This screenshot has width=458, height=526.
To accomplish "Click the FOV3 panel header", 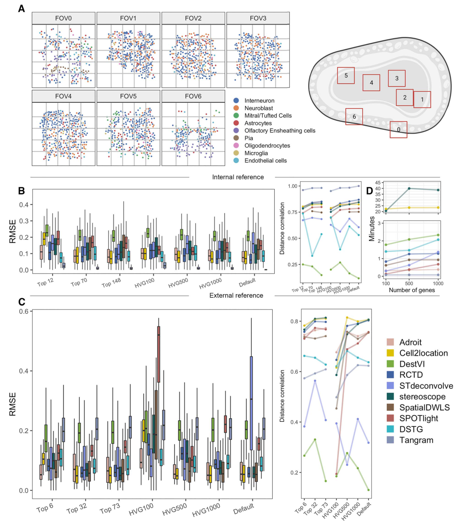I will (258, 18).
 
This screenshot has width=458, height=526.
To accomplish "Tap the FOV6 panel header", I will (193, 96).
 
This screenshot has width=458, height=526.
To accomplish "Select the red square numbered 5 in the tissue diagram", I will (346, 76).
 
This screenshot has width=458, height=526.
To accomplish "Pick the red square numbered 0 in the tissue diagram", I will (399, 129).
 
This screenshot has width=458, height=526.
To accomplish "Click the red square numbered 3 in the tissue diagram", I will (397, 78).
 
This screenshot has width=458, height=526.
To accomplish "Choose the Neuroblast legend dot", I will (236, 108).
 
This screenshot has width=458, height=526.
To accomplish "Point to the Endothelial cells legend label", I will (265, 160).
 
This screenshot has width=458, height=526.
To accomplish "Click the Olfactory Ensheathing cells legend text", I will (280, 130).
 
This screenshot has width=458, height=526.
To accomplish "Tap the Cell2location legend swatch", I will (391, 353).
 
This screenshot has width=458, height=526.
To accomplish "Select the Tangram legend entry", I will (416, 440).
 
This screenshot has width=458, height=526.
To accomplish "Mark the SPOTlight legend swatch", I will (391, 419).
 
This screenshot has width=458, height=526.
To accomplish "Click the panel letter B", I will (21, 191).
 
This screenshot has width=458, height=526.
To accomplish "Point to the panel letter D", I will (370, 191).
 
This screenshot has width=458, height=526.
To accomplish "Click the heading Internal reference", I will (238, 177).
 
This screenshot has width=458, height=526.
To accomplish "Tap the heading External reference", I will (236, 295).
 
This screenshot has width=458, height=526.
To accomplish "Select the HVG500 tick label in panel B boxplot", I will (178, 283).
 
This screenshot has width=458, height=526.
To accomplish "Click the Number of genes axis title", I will (412, 290).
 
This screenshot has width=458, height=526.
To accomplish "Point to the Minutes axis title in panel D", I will (372, 229).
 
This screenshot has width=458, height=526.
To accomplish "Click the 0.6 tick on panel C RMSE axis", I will (23, 312).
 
